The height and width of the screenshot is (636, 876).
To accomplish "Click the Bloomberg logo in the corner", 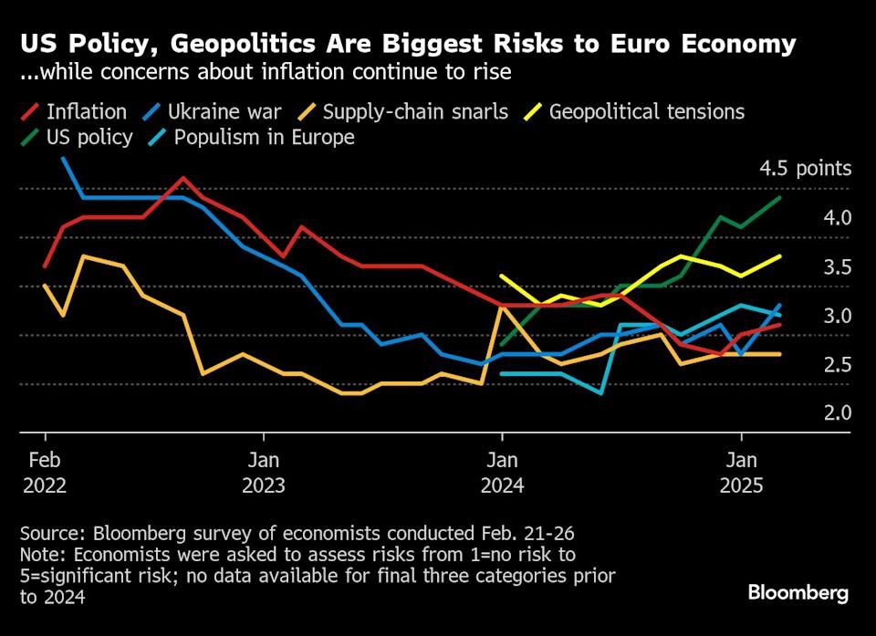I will point(798,593).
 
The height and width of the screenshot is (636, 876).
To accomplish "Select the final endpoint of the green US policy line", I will point(781,198).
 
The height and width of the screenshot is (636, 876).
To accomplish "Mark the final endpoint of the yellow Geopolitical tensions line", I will point(781,256).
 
